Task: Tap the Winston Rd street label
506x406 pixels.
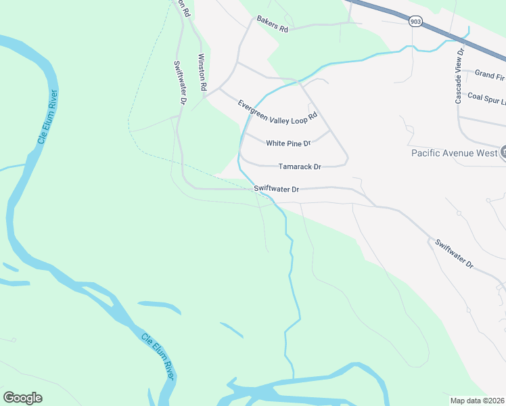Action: (x=200, y=73)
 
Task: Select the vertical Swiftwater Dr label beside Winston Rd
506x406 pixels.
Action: (x=179, y=82)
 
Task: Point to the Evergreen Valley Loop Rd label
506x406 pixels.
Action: (x=277, y=110)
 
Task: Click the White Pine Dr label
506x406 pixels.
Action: (x=288, y=143)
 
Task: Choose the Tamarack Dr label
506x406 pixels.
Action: (x=300, y=166)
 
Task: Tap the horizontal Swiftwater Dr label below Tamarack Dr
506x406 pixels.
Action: (x=276, y=189)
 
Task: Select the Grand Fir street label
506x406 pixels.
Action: (x=490, y=74)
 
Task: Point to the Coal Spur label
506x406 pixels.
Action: (x=486, y=97)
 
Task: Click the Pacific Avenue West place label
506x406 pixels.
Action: (x=454, y=153)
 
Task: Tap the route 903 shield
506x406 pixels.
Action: (x=415, y=22)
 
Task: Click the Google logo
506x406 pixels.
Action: (x=22, y=397)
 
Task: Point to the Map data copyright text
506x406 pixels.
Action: (x=478, y=400)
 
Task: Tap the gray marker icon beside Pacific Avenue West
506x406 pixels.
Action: (x=503, y=152)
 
